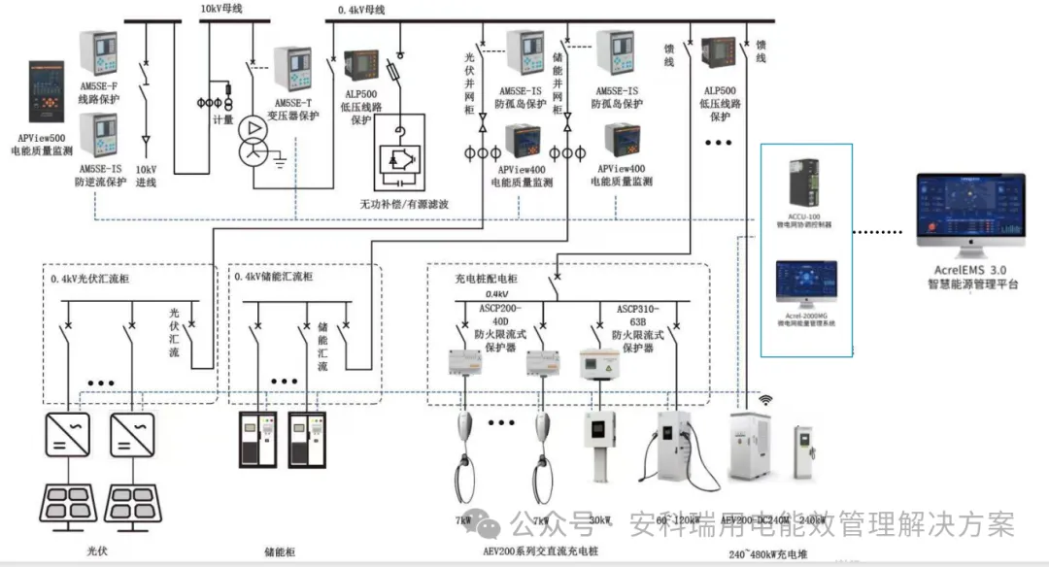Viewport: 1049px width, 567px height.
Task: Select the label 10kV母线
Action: [x=222, y=9]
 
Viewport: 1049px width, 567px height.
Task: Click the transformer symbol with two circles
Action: [x=254, y=143]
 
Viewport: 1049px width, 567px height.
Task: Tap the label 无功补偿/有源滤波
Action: [x=403, y=203]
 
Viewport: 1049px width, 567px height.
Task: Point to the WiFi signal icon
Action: [x=765, y=400]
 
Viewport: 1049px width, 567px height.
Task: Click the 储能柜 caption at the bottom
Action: [x=280, y=550]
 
